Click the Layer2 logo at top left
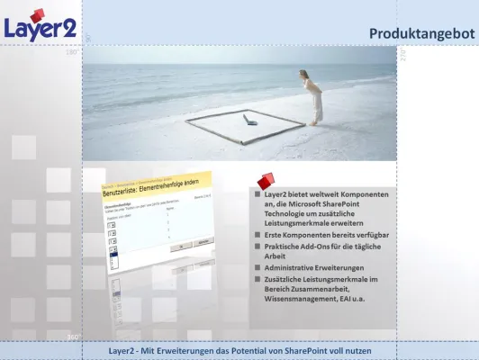click(x=40, y=26)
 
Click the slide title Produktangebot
click(x=421, y=33)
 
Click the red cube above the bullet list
click(x=265, y=183)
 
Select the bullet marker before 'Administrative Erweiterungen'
click(x=257, y=269)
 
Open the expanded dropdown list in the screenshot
click(x=113, y=262)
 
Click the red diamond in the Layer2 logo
click(x=37, y=16)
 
